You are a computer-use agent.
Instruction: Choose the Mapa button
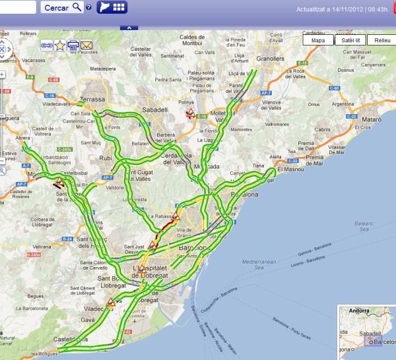[318, 40]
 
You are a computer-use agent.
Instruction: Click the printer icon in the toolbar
[73, 45]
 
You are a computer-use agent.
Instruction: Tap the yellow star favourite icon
[60, 45]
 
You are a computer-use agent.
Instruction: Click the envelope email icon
[86, 45]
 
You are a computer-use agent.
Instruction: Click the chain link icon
[47, 45]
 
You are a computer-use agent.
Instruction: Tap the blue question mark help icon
[88, 7]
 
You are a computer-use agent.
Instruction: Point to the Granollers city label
[270, 59]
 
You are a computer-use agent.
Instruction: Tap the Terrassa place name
[92, 100]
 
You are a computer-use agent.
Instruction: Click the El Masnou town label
[290, 170]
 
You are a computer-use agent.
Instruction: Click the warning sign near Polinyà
[190, 113]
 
